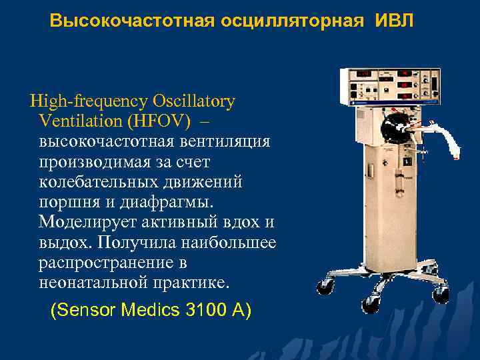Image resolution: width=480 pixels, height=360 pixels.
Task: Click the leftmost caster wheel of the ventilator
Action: coord(325,287)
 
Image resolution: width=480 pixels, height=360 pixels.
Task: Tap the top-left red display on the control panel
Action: coord(364,74)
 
